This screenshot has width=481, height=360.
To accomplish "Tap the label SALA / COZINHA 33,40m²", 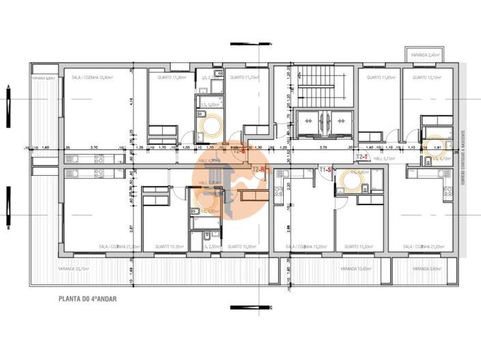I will tap(92, 78).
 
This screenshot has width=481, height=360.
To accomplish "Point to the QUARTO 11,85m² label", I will tap(381, 78).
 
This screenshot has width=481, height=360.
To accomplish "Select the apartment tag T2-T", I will tap(363, 156).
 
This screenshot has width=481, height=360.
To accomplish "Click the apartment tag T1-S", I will tap(325, 169).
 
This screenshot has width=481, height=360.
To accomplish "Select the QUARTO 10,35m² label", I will tap(169, 247).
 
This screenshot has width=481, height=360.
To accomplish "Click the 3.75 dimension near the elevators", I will tap(323, 147).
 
